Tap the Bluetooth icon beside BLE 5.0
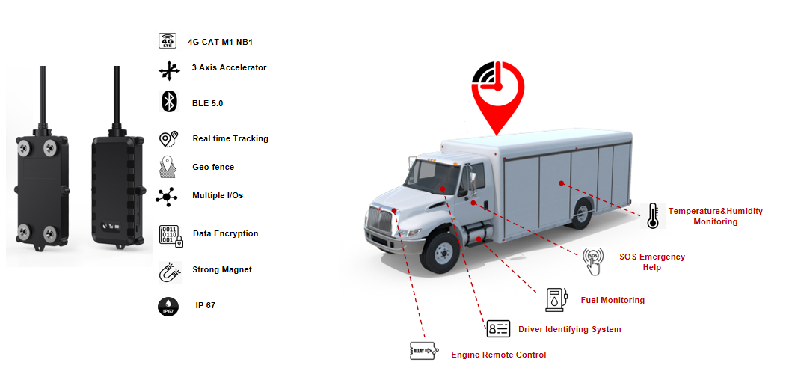click(x=169, y=102)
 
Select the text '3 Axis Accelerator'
click(x=229, y=67)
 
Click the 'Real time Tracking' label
click(x=230, y=138)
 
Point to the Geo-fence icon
click(x=168, y=167)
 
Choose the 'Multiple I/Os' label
click(x=218, y=195)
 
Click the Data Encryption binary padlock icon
click(x=171, y=235)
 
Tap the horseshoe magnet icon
click(x=170, y=272)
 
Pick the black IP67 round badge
click(x=168, y=306)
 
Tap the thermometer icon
click(x=653, y=215)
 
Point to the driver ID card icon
click(x=498, y=328)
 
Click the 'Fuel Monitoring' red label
click(x=613, y=300)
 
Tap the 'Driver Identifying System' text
click(x=570, y=329)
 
